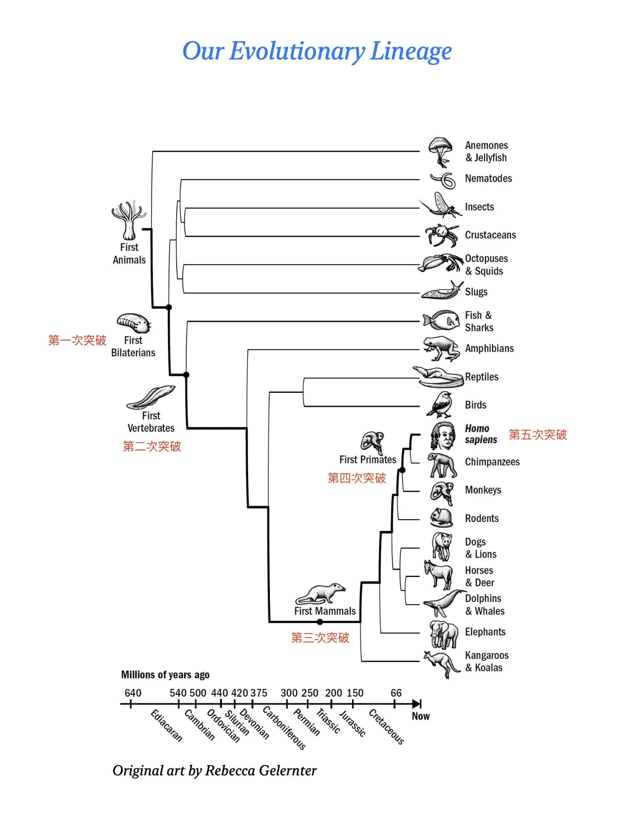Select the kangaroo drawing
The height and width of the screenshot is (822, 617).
[x=441, y=663]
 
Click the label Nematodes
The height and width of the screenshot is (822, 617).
[x=488, y=178]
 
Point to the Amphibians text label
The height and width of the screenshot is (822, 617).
[x=489, y=348]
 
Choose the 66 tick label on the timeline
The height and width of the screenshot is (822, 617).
[x=396, y=693]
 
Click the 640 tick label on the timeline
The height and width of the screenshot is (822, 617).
[x=133, y=693]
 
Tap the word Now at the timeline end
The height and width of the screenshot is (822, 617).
[x=420, y=716]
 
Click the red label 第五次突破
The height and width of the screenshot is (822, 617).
[x=538, y=435]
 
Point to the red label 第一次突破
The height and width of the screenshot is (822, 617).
[x=77, y=340]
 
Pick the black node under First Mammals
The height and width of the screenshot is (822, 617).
[x=320, y=622]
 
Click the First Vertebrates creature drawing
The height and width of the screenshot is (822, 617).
[x=151, y=397]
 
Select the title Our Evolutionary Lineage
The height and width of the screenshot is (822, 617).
[x=317, y=51]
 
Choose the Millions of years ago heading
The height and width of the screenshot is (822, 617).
[x=165, y=675]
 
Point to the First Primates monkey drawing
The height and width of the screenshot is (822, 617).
[x=372, y=442]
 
